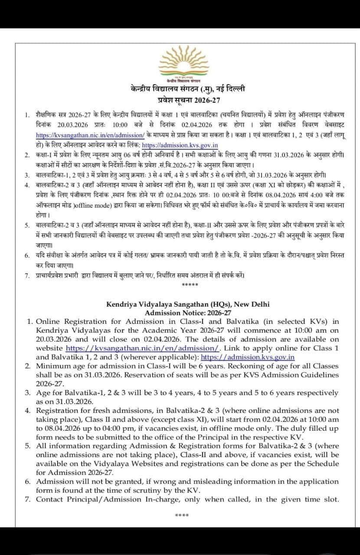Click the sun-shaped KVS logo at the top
pyautogui.click(x=180, y=62)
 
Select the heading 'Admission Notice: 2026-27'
pyautogui.click(x=188, y=313)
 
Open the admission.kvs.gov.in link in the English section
pyautogui.click(x=248, y=357)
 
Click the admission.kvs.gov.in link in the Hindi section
pyautogui.click(x=180, y=145)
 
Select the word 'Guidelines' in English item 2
pyautogui.click(x=317, y=375)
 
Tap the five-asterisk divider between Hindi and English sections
pyautogui.click(x=190, y=284)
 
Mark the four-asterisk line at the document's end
pyautogui.click(x=181, y=515)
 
